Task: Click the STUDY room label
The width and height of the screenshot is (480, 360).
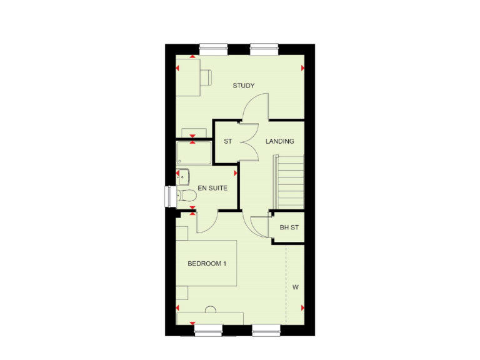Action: click(244, 86)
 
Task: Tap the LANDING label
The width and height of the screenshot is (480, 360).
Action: click(279, 141)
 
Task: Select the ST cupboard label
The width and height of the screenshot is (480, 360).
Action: click(227, 141)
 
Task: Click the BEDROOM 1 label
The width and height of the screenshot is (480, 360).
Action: click(207, 264)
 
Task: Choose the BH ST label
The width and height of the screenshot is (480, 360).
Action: click(289, 227)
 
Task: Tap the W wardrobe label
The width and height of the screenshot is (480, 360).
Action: click(295, 287)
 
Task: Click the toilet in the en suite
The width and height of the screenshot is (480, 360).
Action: click(187, 196)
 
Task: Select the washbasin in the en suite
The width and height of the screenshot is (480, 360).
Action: click(182, 176)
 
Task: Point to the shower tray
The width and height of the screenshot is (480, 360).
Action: click(194, 153)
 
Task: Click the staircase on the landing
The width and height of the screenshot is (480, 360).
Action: click(288, 182)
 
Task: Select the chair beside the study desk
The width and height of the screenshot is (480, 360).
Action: click(204, 76)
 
